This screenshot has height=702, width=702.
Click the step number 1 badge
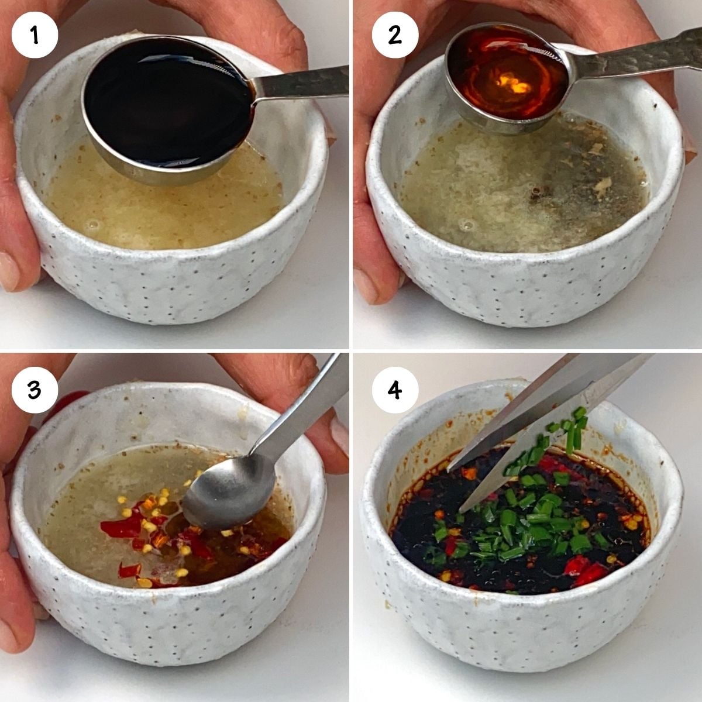[35, 35]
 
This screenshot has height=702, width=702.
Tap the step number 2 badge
[395, 35]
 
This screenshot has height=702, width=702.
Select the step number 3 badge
[35, 389]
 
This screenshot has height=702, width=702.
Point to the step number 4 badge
[395, 389]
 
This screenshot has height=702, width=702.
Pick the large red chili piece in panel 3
[123, 526]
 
